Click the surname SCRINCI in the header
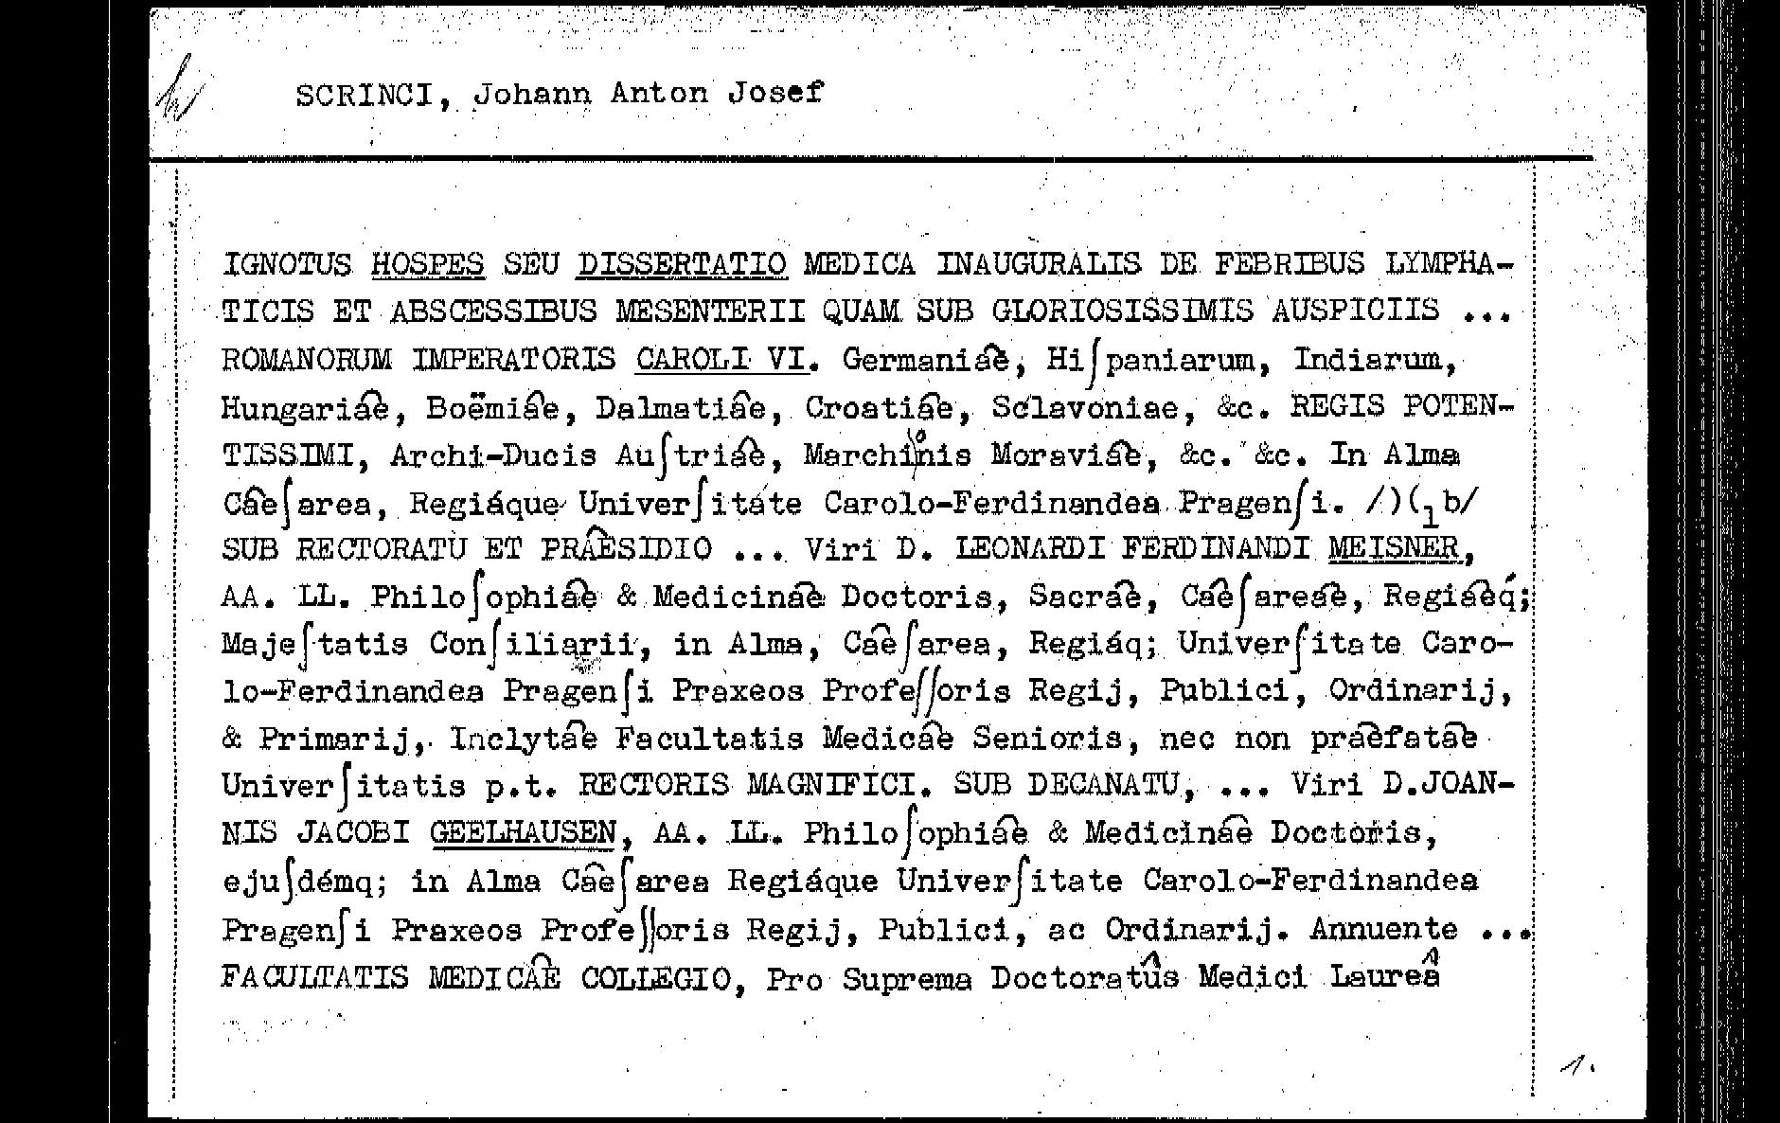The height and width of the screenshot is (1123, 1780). click(x=365, y=95)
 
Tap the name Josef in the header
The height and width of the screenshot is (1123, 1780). click(x=775, y=93)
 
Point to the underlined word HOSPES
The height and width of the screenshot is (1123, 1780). click(x=427, y=263)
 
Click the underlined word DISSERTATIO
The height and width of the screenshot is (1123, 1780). click(x=682, y=263)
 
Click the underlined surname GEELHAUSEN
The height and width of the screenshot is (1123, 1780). click(x=523, y=833)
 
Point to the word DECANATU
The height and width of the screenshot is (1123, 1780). click(x=1103, y=785)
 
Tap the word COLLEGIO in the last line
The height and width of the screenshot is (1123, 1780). click(x=655, y=977)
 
